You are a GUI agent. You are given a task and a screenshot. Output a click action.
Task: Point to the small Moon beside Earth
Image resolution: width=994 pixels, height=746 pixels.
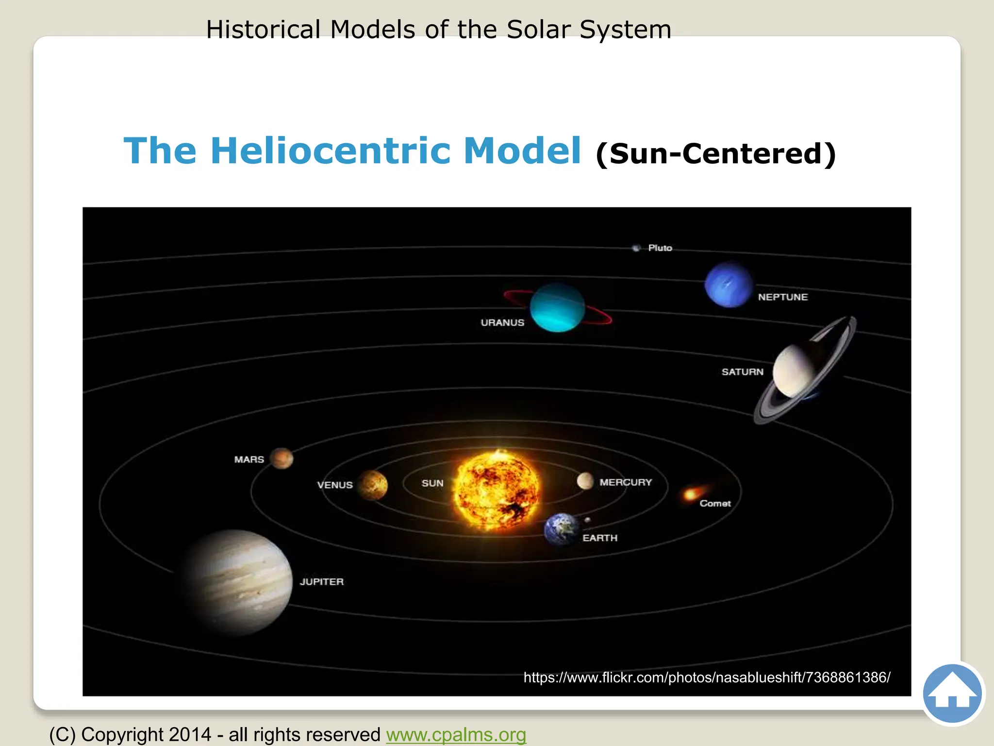point(587,520)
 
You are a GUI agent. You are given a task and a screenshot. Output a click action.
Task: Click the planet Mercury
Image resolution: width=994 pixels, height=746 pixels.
point(585,481)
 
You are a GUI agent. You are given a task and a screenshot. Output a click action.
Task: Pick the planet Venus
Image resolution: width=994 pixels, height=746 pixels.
point(373,485)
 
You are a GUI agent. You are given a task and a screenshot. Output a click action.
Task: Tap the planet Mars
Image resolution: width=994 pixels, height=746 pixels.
point(282,458)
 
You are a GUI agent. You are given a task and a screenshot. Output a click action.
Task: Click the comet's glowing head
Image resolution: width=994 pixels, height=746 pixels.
point(690,495)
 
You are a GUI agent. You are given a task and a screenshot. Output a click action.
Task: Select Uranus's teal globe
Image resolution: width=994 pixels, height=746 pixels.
point(557,307)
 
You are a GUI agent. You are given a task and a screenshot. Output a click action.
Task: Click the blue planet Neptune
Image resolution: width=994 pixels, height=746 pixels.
point(729,285)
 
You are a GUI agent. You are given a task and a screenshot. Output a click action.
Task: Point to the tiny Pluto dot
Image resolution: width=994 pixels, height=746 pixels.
point(636,248)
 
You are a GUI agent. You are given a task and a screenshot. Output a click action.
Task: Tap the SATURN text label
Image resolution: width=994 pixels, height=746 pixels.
point(742,372)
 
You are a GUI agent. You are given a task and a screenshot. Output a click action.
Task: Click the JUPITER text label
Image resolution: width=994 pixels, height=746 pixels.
point(321,582)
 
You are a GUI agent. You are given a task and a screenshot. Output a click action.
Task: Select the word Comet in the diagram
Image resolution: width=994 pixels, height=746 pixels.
point(715,504)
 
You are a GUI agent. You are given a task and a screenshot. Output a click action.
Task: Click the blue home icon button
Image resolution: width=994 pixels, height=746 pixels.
point(952,694)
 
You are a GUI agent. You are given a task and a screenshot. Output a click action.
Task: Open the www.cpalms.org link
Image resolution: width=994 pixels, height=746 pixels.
point(456,735)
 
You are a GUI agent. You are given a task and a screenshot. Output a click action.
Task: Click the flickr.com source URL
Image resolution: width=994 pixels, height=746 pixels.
point(707,677)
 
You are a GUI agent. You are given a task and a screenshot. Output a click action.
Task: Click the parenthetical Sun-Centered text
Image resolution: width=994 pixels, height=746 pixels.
point(716,153)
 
